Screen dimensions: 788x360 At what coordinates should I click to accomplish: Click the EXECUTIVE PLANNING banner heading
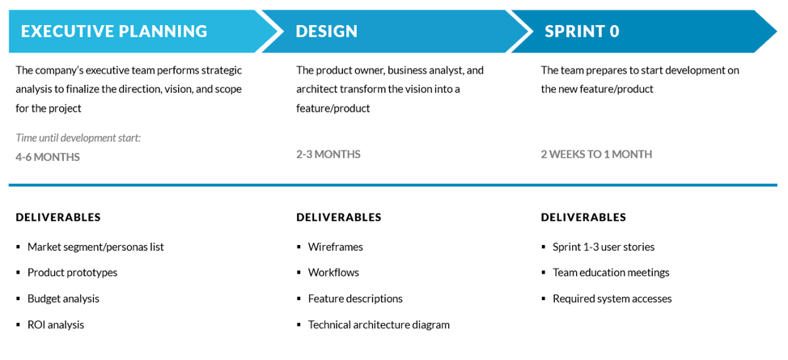[x=114, y=32]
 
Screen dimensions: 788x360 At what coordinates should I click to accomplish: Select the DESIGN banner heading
[x=326, y=32]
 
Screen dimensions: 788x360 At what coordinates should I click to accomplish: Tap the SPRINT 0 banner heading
[x=582, y=32]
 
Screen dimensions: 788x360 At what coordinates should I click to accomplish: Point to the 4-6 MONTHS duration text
[x=48, y=157]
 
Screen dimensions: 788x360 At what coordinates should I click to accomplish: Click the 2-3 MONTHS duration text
[x=328, y=154]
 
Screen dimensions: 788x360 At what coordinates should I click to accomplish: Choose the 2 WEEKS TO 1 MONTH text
[x=596, y=154]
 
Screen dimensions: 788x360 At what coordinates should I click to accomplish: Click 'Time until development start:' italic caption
[x=78, y=138]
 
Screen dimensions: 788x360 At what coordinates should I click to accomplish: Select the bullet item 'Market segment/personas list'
[x=95, y=247]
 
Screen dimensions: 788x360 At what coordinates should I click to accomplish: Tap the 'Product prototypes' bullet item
[x=72, y=273]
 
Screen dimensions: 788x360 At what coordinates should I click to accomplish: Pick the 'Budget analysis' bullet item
[x=63, y=299]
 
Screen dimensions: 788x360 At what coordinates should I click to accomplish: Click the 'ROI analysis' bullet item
[x=56, y=324]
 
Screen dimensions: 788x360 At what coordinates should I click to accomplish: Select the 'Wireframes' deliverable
[x=335, y=247]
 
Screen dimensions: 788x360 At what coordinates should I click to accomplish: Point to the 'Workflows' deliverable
[x=333, y=273]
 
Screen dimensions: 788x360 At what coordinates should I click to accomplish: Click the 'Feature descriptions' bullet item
[x=355, y=299]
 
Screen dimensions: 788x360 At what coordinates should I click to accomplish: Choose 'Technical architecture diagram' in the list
[x=379, y=324]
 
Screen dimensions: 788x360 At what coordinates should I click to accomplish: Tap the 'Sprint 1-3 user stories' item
[x=604, y=247]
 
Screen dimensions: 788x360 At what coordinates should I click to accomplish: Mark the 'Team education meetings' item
[x=611, y=273]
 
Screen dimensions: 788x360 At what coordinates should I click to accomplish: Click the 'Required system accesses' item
[x=612, y=299]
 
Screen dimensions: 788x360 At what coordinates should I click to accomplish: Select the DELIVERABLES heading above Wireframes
[x=339, y=217]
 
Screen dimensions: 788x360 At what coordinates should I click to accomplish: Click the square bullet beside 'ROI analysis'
[x=19, y=324]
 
